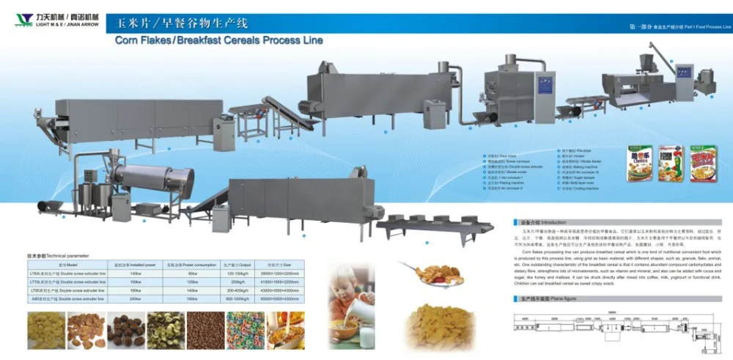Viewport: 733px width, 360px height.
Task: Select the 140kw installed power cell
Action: (135, 273)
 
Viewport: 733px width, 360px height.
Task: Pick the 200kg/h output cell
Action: (237, 282)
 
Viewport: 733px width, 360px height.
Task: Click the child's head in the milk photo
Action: (345, 282)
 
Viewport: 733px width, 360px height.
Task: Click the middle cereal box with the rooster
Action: (670, 164)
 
